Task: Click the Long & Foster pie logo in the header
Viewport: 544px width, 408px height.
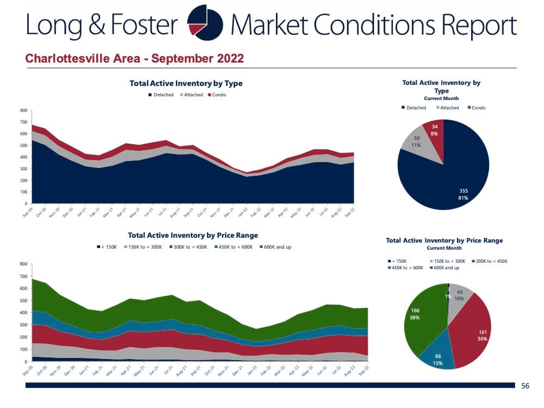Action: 205,24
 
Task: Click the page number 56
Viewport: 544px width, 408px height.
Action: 525,386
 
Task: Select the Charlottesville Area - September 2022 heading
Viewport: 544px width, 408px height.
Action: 134,58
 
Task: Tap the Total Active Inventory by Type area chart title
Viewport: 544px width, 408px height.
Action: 186,83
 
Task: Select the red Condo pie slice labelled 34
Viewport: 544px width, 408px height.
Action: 435,129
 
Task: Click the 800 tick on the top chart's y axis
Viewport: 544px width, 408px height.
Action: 23,110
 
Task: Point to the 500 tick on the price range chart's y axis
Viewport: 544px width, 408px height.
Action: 23,300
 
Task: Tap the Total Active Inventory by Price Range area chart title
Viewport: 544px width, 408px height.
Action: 193,236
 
